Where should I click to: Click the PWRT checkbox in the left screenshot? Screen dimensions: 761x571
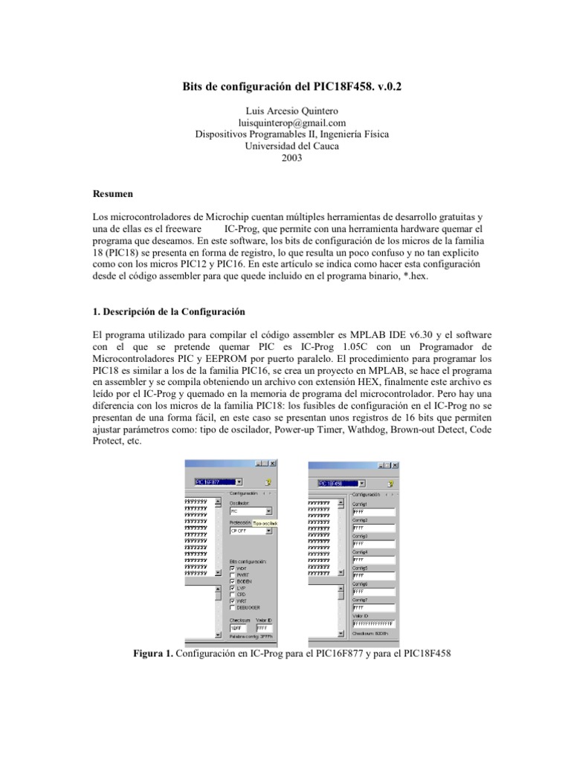tap(233, 574)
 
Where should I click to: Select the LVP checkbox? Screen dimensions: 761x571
tap(233, 587)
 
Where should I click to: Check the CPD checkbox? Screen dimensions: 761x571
tap(233, 594)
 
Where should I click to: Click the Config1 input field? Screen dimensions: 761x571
tap(373, 511)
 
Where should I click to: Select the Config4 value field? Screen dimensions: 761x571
tap(373, 560)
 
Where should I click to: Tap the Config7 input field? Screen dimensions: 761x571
tap(373, 607)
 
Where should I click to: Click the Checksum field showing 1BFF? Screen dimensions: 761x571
tap(239, 628)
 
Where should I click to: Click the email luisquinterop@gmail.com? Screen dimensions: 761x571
tap(285, 123)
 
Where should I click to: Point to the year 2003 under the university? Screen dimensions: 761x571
tap(285, 158)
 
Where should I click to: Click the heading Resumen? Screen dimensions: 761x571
tap(111, 194)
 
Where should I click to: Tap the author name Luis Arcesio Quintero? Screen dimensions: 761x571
tap(285, 111)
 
